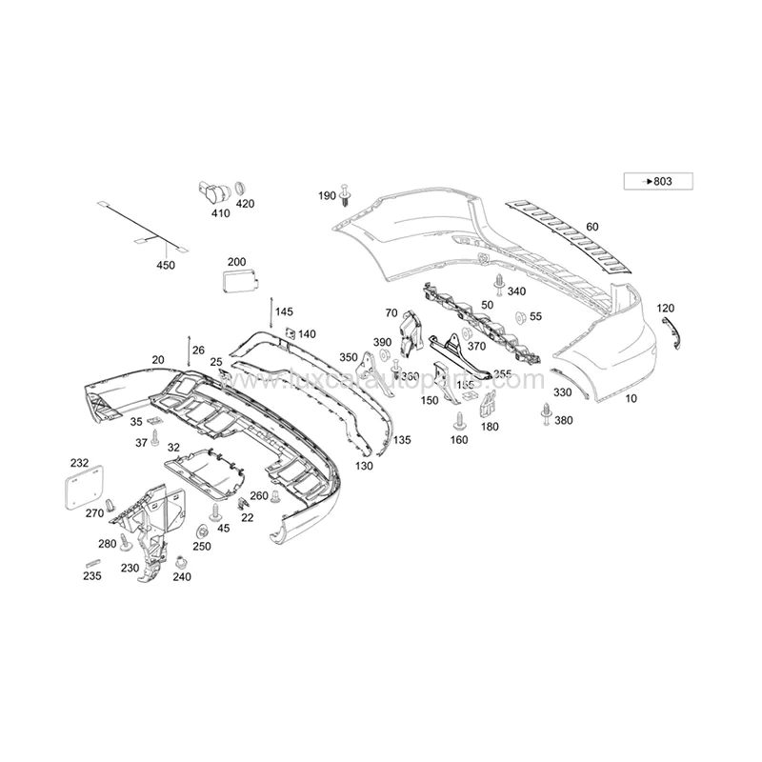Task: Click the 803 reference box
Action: coord(657,181)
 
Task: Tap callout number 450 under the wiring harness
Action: coord(166,266)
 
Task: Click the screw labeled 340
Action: coord(499,282)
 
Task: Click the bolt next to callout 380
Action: coord(547,411)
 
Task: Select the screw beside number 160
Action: coord(461,419)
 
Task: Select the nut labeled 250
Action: coord(203,531)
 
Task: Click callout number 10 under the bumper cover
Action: coord(631,400)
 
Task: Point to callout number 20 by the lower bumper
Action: coord(158,360)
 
